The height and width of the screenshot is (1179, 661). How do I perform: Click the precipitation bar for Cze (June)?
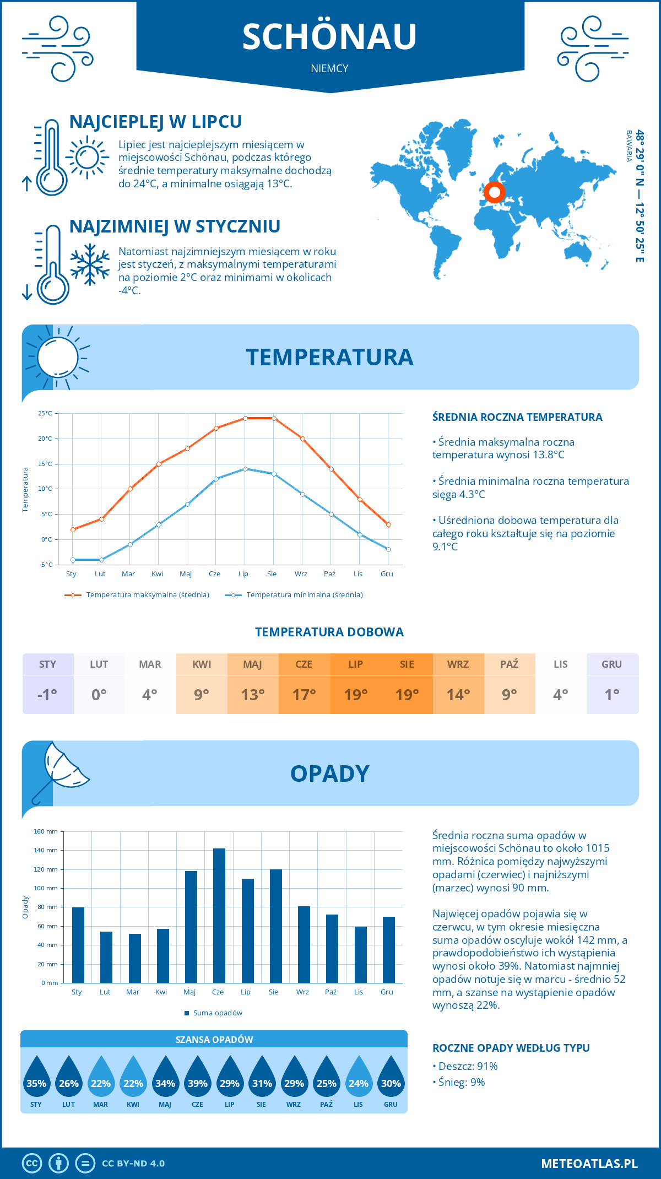219,916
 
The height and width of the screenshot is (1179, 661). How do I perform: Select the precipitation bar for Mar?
135,958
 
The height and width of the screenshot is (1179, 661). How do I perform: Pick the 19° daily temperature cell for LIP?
355,694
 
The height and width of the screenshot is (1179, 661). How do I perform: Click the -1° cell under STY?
47,694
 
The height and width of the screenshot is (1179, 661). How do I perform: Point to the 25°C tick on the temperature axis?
45,413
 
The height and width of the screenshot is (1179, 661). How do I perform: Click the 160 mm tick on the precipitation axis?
46,831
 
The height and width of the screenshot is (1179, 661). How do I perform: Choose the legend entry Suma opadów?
217,1013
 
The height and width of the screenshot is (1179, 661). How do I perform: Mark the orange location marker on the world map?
495,192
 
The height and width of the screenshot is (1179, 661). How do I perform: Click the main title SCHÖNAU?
329,37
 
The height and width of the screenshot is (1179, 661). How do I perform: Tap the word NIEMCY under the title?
329,68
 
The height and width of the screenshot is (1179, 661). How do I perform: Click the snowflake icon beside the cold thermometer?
90,264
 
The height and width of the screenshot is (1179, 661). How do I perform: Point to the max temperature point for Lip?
245,418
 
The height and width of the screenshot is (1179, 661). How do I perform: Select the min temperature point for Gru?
388,549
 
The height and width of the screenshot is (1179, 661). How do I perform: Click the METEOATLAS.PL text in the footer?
589,1163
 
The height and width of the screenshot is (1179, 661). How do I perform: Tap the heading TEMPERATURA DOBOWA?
329,632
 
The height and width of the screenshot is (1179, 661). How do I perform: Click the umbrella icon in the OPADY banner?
61,771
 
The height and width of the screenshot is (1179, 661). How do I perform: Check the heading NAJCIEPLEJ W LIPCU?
155,122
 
